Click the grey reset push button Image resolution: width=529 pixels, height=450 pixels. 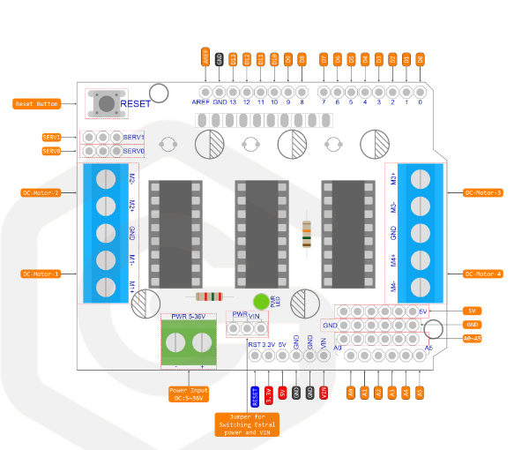(106, 104)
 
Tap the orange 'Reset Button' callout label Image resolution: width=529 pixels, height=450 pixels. (37, 104)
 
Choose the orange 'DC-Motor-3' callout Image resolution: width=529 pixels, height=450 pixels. (482, 192)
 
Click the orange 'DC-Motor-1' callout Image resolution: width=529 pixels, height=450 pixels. (40, 274)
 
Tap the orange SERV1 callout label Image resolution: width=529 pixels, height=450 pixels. (52, 138)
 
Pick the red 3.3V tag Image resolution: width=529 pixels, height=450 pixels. (268, 392)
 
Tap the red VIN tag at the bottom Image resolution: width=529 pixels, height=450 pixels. (324, 392)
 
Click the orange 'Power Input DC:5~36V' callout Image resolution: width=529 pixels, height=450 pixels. (190, 394)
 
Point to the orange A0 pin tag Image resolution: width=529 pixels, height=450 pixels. (350, 392)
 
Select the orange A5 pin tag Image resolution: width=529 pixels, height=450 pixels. (420, 392)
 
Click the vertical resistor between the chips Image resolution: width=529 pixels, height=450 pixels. (306, 234)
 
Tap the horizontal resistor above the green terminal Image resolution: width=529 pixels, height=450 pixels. (209, 297)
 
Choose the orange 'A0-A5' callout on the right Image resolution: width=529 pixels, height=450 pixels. (472, 338)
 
